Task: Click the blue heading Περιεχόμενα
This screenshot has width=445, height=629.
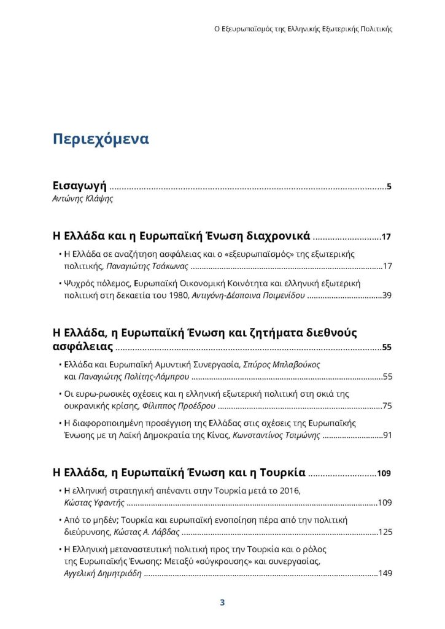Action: (x=101, y=139)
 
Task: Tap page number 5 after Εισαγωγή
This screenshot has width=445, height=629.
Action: (x=389, y=187)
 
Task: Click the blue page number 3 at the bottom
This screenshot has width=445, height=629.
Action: (x=222, y=603)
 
